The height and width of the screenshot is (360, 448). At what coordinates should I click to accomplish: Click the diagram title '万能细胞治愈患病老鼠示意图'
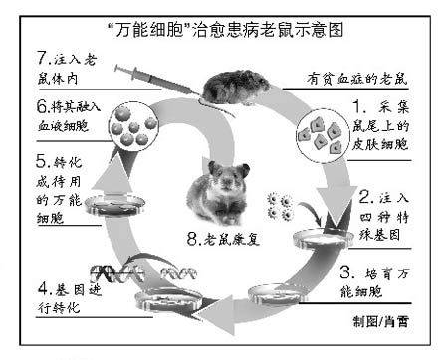point(225,31)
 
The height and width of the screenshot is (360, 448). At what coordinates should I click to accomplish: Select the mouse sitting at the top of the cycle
point(236,87)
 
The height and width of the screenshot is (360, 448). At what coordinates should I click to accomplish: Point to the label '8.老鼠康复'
point(223,239)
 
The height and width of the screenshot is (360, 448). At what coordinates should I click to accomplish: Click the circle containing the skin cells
point(323,135)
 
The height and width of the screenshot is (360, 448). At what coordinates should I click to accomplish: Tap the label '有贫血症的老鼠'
point(357,80)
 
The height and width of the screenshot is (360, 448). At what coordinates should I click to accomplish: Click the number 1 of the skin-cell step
point(358,107)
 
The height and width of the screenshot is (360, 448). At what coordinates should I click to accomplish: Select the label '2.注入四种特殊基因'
point(384,217)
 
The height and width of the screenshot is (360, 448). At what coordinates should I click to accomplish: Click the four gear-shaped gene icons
point(281,207)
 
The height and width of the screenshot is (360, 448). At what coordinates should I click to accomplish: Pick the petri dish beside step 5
point(114,205)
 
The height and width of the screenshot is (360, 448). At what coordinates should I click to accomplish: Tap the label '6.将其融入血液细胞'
point(69,116)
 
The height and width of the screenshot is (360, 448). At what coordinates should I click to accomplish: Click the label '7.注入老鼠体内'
point(67,69)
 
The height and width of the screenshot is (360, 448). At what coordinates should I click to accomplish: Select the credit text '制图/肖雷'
point(380,321)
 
